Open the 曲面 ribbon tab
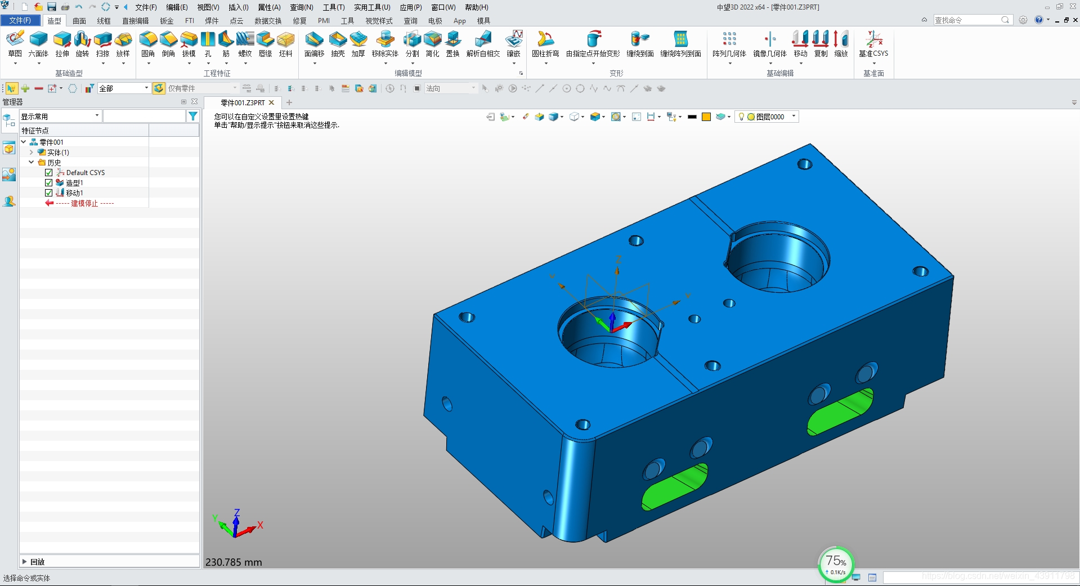[79, 21]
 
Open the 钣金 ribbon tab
[167, 21]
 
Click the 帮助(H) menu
[476, 7]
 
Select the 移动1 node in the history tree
[74, 193]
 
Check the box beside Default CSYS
[49, 173]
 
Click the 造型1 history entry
[74, 183]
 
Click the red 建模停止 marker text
[84, 203]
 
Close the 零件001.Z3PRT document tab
[271, 102]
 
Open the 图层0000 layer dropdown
[794, 117]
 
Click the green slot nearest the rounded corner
[674, 487]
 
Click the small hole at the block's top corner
[805, 164]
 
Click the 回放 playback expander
[24, 562]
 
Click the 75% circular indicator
[836, 563]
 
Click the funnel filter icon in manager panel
[193, 116]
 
